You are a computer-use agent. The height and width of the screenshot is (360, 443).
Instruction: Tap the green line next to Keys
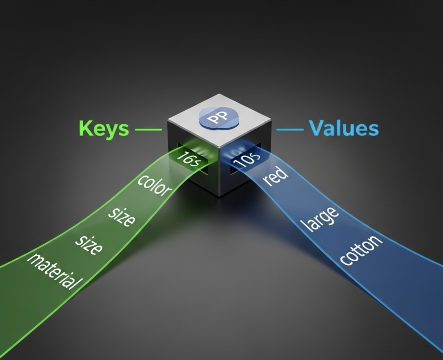click(x=148, y=129)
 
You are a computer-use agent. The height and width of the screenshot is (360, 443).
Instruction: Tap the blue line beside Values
click(x=290, y=129)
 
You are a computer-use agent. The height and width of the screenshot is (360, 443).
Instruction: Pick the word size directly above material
click(x=89, y=245)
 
